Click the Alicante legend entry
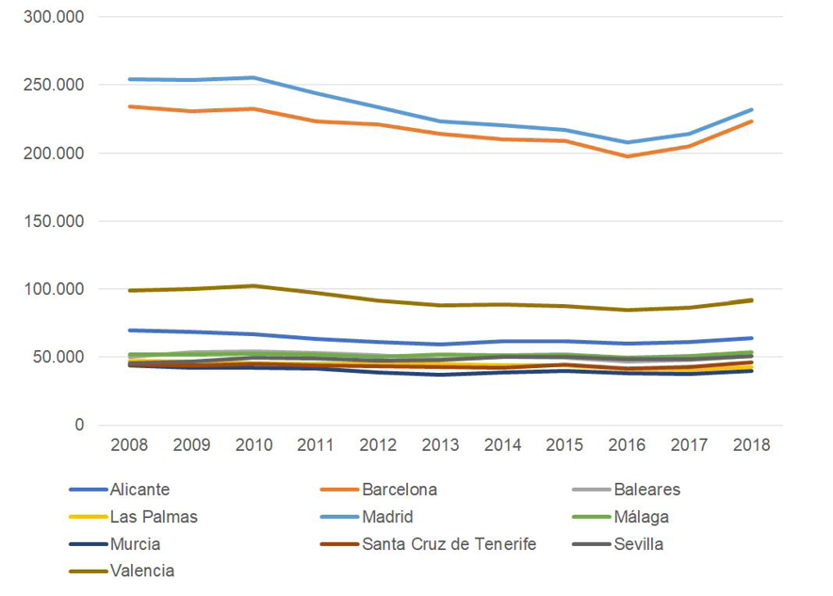139,490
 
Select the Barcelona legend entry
400,490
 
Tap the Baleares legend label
646,490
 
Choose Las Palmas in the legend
154,517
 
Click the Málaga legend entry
641,517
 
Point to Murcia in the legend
135,544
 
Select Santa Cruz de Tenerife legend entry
449,544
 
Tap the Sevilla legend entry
638,544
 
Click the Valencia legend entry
142,571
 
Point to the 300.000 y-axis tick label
54,17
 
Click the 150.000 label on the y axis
54,221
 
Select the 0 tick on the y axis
79,426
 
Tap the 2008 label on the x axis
130,445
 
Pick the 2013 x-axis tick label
440,445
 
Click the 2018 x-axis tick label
751,445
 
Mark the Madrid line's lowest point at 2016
627,143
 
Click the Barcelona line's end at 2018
751,121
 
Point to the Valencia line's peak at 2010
253,285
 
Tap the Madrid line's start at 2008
130,79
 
